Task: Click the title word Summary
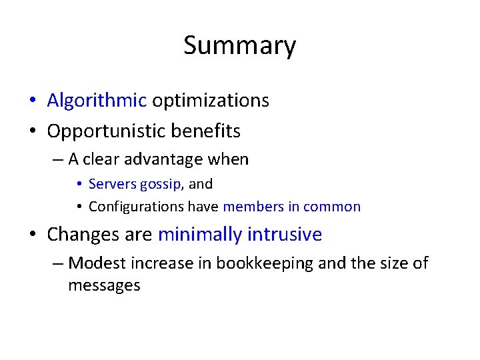point(239,46)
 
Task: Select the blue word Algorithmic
point(97,101)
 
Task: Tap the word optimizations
point(211,101)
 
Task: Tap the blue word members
point(253,207)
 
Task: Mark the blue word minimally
point(200,235)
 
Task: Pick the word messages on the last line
point(104,285)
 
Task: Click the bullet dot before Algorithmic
point(32,101)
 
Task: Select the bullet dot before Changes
point(32,235)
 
